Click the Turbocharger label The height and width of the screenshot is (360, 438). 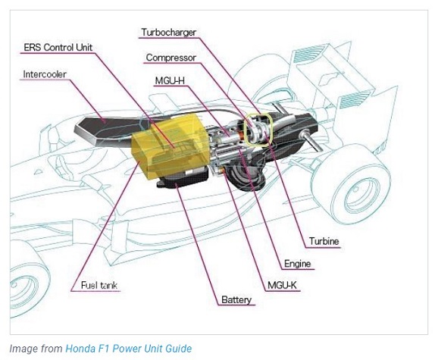click(x=169, y=33)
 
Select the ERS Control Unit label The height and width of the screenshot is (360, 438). click(x=58, y=47)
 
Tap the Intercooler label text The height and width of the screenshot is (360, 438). click(x=45, y=74)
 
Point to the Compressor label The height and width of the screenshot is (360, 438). click(x=171, y=58)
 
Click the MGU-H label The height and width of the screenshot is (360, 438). click(x=170, y=80)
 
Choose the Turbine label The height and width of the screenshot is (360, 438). click(x=324, y=241)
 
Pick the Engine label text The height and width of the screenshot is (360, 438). click(x=297, y=264)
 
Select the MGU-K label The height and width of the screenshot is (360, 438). click(x=282, y=285)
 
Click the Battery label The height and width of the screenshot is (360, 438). click(x=236, y=299)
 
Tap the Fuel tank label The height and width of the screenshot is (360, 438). click(x=99, y=285)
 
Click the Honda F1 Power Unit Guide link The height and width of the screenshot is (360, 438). click(x=129, y=349)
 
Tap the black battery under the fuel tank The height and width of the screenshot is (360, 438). click(x=183, y=179)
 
